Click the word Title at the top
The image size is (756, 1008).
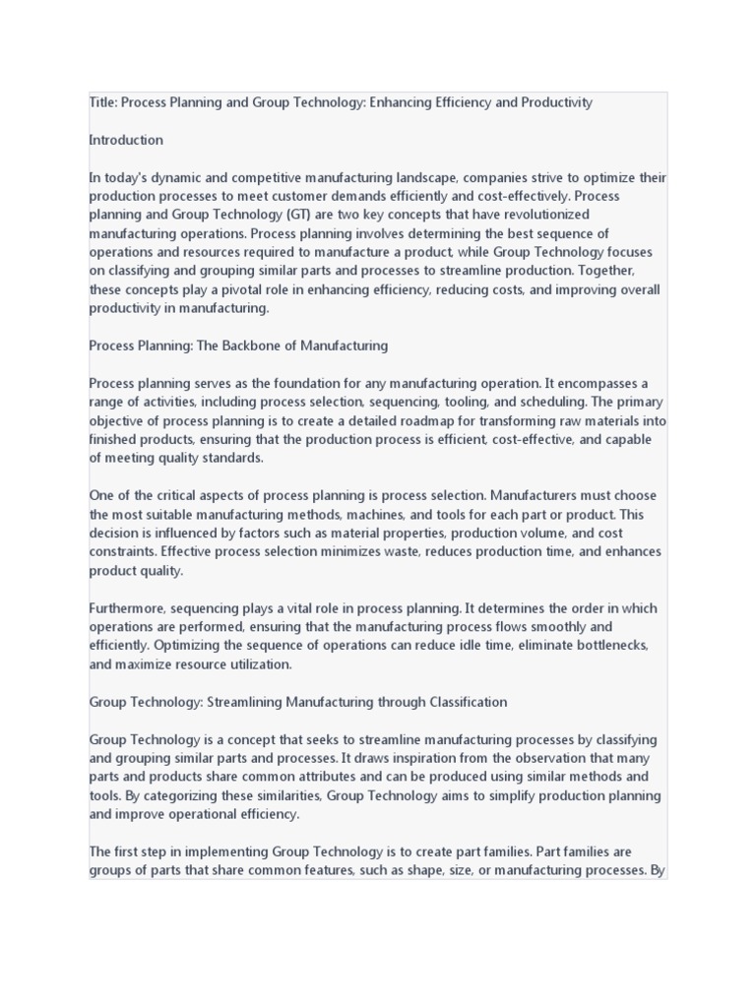102,102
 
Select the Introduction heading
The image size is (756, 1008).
126,140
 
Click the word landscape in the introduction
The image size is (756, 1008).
415,177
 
